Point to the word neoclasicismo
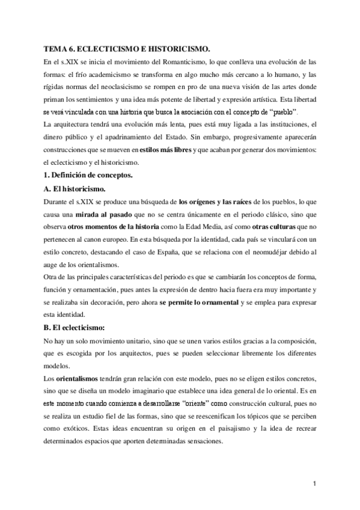point(129,87)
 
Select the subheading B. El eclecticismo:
point(78,327)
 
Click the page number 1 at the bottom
point(314,483)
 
